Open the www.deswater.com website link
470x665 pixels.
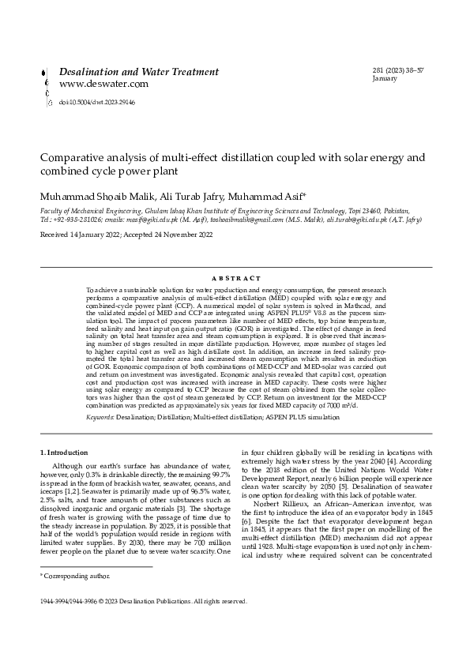point(103,84)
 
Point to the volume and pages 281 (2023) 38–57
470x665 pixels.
point(398,71)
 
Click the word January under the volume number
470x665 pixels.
point(385,80)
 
